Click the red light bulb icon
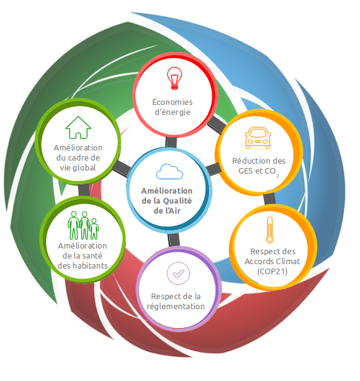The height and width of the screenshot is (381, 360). [174, 78]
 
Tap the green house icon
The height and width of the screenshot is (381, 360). [78, 127]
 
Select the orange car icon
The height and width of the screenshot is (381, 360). [258, 137]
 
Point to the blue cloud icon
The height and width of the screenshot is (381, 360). [170, 172]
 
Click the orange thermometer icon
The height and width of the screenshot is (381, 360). [270, 230]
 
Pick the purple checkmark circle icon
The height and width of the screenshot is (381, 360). [178, 274]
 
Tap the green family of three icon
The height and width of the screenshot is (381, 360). [83, 225]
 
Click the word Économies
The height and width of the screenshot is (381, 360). [172, 102]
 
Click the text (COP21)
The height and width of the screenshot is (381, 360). [273, 272]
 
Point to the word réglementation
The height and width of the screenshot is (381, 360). [176, 307]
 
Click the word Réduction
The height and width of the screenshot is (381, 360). [248, 161]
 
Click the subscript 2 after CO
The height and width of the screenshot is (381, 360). [278, 176]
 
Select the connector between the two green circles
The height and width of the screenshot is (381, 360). [84, 190]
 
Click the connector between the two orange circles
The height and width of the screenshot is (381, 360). [270, 199]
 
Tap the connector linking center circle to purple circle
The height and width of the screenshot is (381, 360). [173, 240]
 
